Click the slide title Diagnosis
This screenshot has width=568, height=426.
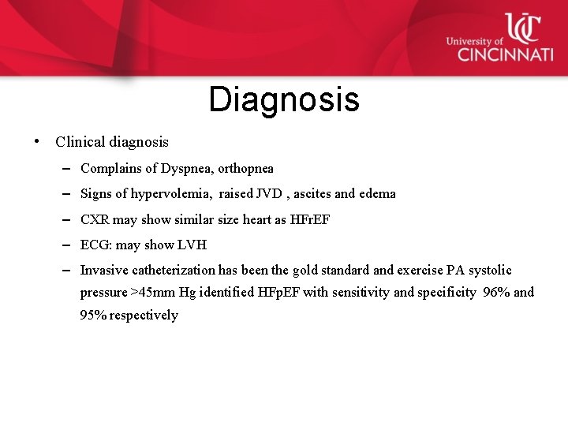coord(284,100)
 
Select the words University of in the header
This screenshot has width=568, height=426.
coord(474,41)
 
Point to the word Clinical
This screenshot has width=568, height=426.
coord(81,143)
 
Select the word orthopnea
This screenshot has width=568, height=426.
coord(246,168)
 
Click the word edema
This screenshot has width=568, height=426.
coord(377,194)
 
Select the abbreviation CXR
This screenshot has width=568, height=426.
coord(95,219)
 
